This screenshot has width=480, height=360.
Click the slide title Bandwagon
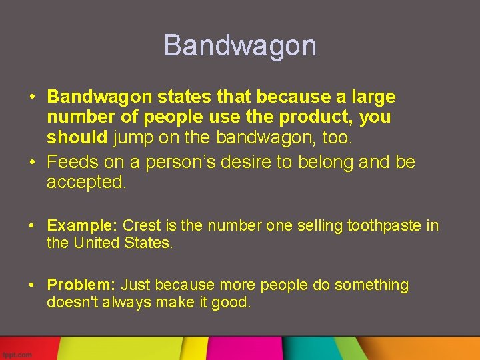pos(240,45)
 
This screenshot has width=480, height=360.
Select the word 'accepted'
pos(85,183)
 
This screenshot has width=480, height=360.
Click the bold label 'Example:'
pos(83,225)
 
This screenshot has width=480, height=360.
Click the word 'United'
pos(96,243)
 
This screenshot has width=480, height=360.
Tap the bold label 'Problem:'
pos(81,285)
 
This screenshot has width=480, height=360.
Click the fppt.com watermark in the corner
pos(16,355)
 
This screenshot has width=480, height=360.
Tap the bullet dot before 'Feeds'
pos(32,163)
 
